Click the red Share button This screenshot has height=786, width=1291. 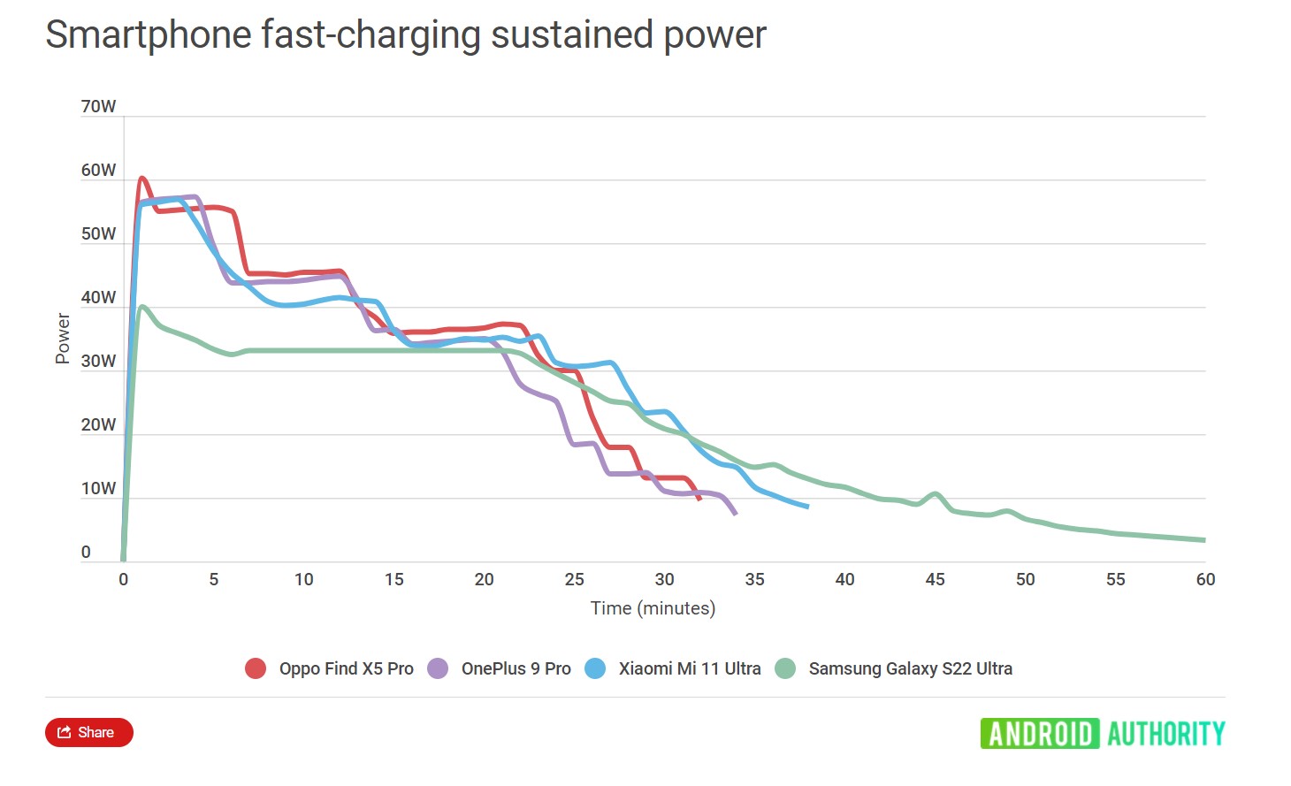(x=88, y=732)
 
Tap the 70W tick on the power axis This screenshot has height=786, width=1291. (x=98, y=107)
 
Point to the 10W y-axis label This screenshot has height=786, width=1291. (x=98, y=489)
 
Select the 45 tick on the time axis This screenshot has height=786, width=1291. (x=935, y=580)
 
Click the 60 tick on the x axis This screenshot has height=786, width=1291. (x=1205, y=580)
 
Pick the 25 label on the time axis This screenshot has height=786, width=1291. (x=574, y=580)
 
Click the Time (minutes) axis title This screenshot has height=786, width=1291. (x=653, y=608)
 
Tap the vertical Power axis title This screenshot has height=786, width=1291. (x=63, y=338)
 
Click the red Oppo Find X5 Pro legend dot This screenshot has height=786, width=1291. (x=256, y=668)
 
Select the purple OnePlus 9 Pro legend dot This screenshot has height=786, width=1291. (x=438, y=668)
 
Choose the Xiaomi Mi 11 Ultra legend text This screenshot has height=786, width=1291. (x=689, y=668)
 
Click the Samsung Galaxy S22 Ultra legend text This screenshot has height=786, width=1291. (x=910, y=668)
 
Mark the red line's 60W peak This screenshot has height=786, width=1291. (x=141, y=179)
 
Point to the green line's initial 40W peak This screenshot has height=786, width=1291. (x=142, y=307)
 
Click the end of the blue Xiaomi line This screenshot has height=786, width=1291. (x=806, y=507)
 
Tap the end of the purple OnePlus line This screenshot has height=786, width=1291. (x=735, y=513)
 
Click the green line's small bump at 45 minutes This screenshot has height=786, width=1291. (x=935, y=493)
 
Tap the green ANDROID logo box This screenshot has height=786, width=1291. (x=1039, y=734)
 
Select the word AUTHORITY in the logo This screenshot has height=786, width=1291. (x=1165, y=734)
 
